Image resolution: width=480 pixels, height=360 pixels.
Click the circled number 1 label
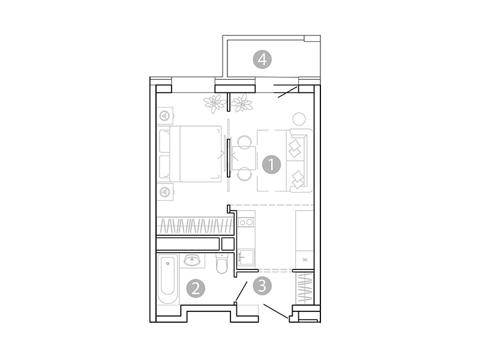[x=271, y=163]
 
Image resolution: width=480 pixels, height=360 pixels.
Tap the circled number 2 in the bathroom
[x=196, y=289]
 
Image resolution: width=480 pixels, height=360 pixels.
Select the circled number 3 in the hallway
[x=261, y=286]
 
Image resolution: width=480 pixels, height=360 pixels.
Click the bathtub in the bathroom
[x=168, y=280]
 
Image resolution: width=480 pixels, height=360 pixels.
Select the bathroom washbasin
[x=193, y=260]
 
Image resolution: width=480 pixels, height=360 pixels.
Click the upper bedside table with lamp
[x=165, y=113]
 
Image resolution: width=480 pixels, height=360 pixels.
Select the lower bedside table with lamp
[x=165, y=192]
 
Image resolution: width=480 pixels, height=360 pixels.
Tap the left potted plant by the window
[x=214, y=104]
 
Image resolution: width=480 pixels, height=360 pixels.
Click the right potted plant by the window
[x=242, y=104]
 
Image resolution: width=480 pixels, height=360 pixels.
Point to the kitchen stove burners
[x=246, y=223]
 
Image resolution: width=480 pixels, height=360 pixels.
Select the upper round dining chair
[x=244, y=142]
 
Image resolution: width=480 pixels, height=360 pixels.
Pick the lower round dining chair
[x=244, y=174]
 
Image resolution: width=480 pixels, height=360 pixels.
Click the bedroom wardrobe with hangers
[x=194, y=226]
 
